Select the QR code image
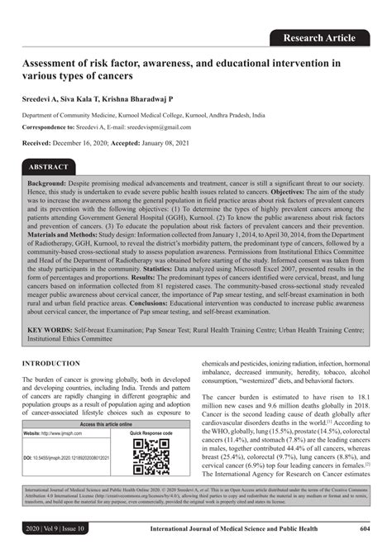coord(151,455)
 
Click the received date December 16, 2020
coord(91,143)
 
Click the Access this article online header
coord(105,423)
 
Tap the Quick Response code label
coord(151,432)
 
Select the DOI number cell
coord(60,457)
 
